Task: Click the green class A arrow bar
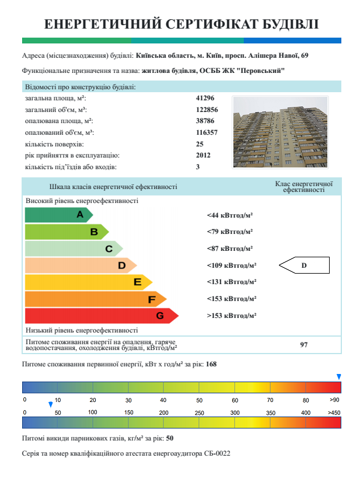coord(58,215)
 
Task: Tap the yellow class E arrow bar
coord(88,282)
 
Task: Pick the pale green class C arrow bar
coord(73,249)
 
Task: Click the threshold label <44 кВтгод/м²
coord(229,215)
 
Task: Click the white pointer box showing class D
coord(304,266)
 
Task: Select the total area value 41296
coord(205,98)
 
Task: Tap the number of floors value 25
coord(200,144)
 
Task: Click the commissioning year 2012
coord(203,155)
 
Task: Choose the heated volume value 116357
coord(207,132)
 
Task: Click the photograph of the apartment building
coord(280,132)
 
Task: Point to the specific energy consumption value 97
coord(304,345)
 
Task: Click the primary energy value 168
coord(211,364)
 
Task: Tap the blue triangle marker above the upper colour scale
coord(338,377)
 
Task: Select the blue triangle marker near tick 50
coord(51,404)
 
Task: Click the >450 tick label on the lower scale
coord(334,413)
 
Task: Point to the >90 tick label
coord(334,400)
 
